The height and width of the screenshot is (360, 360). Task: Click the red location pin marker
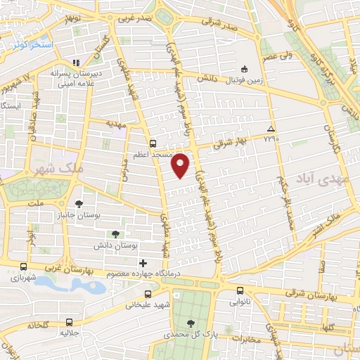(x=181, y=165)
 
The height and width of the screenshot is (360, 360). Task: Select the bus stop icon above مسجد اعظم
(x=153, y=141)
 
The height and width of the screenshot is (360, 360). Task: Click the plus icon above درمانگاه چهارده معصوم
(x=143, y=263)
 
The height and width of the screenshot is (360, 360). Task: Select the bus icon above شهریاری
(x=25, y=267)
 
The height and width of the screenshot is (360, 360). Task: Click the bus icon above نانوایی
(x=240, y=290)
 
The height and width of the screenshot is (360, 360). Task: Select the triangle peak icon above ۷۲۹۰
(x=271, y=129)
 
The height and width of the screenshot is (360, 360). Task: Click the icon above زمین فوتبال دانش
(x=243, y=69)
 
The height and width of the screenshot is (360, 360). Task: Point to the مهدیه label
(x=114, y=122)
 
